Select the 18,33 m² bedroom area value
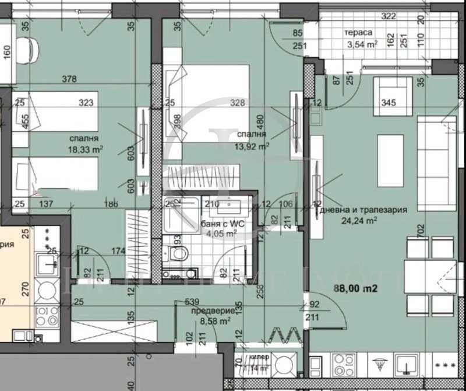[86, 149]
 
